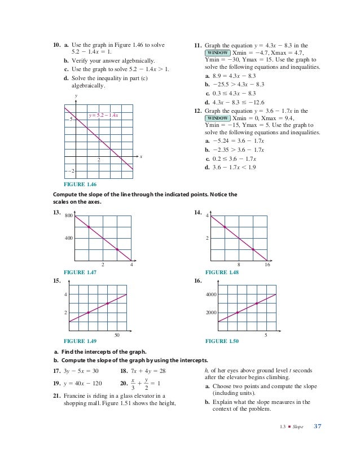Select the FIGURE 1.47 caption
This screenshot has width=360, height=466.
(80, 272)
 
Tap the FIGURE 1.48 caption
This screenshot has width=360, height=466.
(222, 272)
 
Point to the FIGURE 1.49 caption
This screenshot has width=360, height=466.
(80, 341)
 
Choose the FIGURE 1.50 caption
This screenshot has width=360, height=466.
(222, 341)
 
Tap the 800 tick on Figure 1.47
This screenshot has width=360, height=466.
(69, 216)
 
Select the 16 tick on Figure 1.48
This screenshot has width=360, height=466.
(267, 265)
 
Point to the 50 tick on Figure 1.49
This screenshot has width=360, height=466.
(117, 335)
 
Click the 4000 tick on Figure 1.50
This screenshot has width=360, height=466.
(210, 294)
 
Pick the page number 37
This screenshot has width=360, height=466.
(317, 426)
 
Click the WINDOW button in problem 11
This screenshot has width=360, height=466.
(217, 52)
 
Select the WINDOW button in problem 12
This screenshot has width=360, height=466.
(217, 119)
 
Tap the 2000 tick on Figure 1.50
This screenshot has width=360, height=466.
(210, 312)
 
